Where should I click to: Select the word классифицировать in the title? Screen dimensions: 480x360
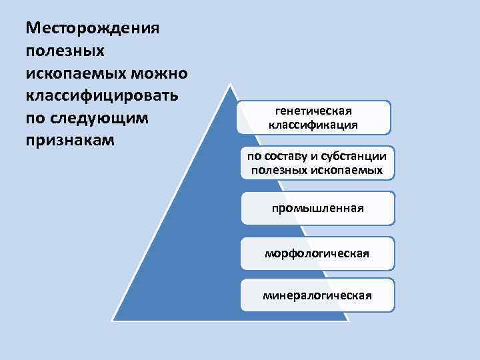[101, 97]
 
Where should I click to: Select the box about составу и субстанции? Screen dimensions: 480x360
[317, 163]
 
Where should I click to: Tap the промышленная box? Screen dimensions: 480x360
[317, 208]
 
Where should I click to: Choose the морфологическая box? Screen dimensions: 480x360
[317, 253]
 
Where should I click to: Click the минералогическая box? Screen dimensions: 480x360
[317, 295]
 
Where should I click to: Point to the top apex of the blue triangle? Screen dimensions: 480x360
[230, 85]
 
